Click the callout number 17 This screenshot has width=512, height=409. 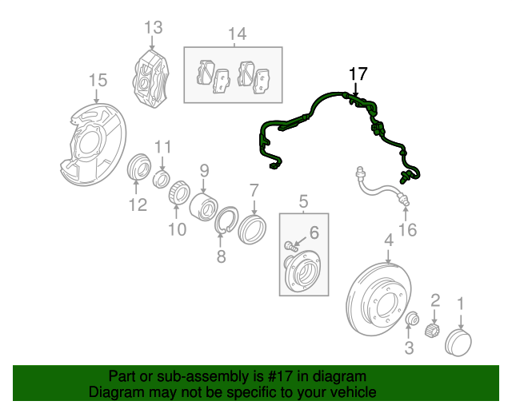(358, 74)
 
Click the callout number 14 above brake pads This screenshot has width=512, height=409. (236, 34)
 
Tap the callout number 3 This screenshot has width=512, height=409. (409, 347)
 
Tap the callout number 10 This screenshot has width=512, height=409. (177, 230)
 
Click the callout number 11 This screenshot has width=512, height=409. (162, 147)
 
